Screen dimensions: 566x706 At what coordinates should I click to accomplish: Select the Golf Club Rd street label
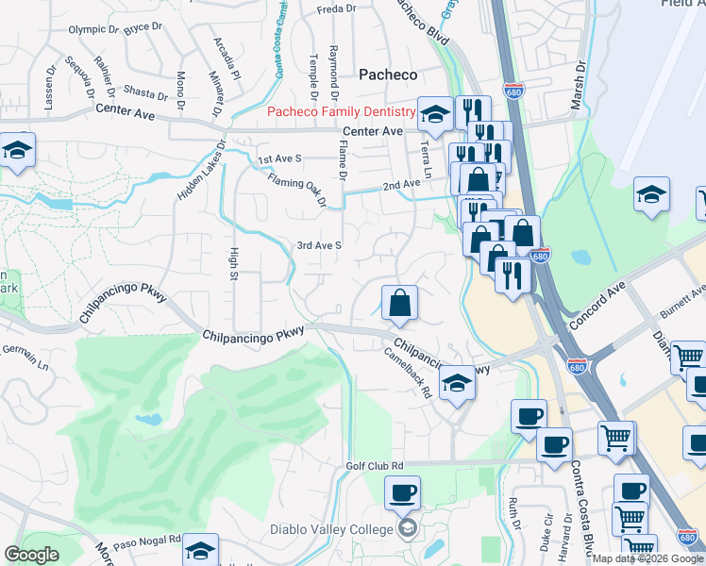click(375, 466)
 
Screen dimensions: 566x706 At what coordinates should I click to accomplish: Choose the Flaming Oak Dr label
click(296, 190)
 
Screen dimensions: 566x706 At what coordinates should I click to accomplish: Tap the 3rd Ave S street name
click(318, 245)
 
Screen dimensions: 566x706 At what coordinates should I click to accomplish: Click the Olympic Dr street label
click(93, 29)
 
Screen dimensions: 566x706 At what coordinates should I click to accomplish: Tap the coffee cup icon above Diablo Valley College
click(403, 492)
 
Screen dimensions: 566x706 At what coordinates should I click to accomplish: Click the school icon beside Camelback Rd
click(457, 383)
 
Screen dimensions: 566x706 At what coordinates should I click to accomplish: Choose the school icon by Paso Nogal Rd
click(200, 549)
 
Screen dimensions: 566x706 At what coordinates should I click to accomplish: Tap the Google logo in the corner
click(31, 555)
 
